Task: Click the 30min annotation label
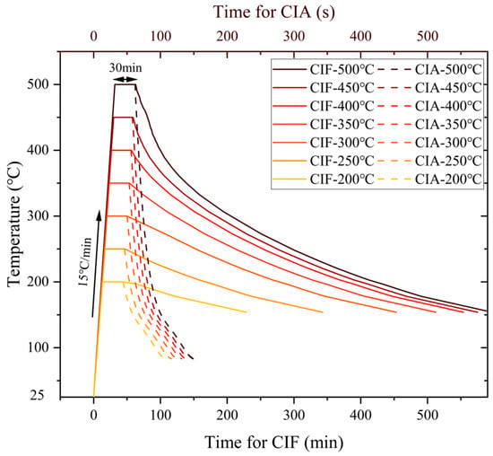[125, 68]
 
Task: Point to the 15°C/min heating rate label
[84, 262]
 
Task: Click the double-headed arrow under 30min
[125, 79]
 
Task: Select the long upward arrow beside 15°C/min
[96, 264]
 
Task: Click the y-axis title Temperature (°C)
[13, 224]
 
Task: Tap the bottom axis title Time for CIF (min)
[274, 442]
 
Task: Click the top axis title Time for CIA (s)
[274, 12]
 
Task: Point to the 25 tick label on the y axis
[37, 396]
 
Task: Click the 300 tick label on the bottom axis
[294, 416]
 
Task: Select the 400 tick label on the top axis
[360, 37]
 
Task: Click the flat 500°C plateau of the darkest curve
[125, 84]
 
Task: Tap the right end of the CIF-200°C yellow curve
[246, 311]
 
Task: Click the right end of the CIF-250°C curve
[323, 312]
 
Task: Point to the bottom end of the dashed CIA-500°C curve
[193, 359]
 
